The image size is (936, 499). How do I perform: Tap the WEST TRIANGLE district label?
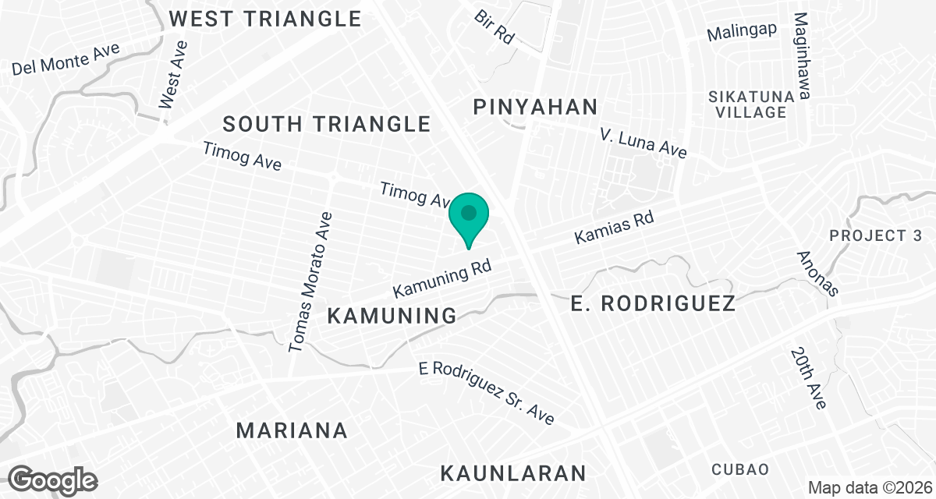(x=266, y=18)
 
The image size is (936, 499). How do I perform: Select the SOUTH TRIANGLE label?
(x=327, y=123)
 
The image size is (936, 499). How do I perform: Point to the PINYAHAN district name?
(x=536, y=107)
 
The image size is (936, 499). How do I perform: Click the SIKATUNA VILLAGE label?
(x=751, y=104)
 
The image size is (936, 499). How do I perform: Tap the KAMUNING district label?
(x=392, y=316)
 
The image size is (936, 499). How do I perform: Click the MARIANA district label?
(x=292, y=430)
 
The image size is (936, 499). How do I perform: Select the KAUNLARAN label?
(x=513, y=472)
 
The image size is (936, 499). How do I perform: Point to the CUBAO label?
(x=739, y=469)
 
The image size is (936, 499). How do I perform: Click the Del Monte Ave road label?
(x=66, y=59)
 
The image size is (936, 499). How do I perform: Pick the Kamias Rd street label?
(x=614, y=227)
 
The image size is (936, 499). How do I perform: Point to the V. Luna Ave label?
(x=643, y=143)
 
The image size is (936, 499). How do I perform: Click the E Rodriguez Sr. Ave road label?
(x=486, y=393)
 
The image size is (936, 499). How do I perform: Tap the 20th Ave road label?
(x=807, y=378)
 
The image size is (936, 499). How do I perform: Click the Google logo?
(x=54, y=480)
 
